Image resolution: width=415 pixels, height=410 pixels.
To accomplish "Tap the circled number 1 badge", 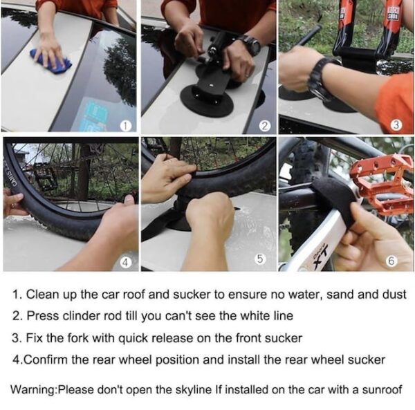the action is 126,126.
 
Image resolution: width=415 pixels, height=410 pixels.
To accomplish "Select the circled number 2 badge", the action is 265,126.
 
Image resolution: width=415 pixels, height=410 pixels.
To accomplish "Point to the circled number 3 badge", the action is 396,125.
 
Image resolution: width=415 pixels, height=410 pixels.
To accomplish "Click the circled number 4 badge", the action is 126,263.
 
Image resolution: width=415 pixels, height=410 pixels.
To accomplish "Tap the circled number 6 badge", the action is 391,261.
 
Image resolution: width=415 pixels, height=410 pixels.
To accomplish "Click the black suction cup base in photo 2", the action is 207,101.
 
